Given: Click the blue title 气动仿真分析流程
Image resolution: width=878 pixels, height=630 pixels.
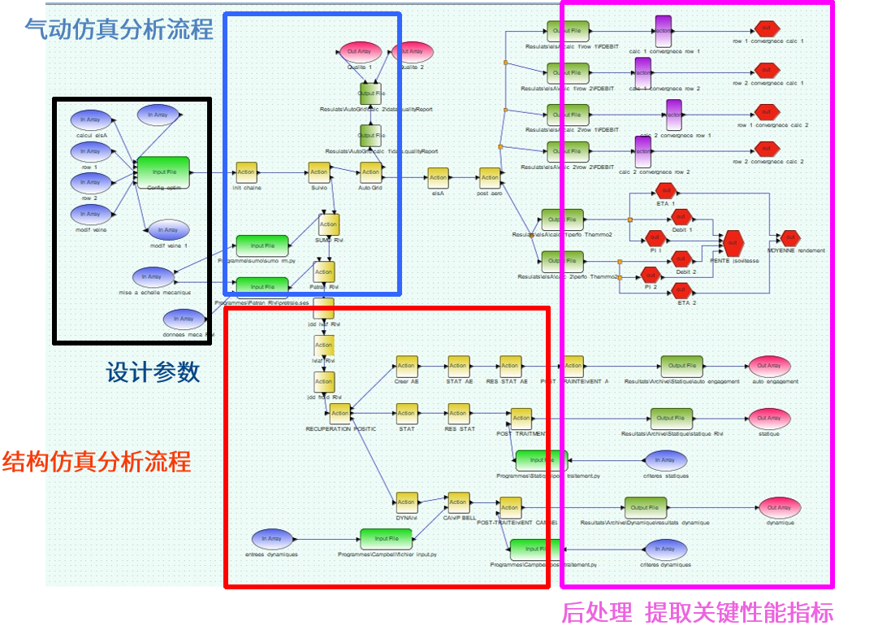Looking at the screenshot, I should [119, 30].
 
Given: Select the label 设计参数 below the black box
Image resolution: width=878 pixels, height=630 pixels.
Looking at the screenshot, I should [153, 372].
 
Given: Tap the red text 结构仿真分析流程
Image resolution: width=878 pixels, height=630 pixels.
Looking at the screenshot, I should [97, 462].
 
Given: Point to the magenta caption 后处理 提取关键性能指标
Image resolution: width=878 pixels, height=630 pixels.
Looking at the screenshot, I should [697, 612].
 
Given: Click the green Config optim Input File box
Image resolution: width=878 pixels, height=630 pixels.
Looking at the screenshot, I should [163, 172].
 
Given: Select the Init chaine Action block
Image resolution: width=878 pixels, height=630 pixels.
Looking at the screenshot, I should [246, 172].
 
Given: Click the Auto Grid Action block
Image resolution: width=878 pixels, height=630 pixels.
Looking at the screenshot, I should [370, 172].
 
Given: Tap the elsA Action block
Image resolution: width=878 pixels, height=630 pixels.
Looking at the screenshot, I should [438, 177].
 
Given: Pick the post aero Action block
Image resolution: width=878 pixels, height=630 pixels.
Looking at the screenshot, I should [490, 177].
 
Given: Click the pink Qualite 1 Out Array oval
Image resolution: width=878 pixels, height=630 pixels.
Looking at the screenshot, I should [360, 52].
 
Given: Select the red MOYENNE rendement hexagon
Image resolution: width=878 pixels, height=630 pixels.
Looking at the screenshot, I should [788, 238].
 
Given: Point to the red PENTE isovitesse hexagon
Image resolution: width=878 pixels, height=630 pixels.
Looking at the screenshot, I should [733, 241].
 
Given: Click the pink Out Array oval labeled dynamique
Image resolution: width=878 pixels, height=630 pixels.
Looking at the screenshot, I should [779, 508].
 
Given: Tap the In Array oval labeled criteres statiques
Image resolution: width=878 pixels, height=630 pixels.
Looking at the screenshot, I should [664, 460].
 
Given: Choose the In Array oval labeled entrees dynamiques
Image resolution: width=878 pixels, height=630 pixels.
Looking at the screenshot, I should [272, 539].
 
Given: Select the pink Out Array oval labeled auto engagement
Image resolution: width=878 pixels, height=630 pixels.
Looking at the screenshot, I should [768, 366].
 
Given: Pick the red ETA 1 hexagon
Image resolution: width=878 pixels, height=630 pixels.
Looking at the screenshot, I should [665, 192].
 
